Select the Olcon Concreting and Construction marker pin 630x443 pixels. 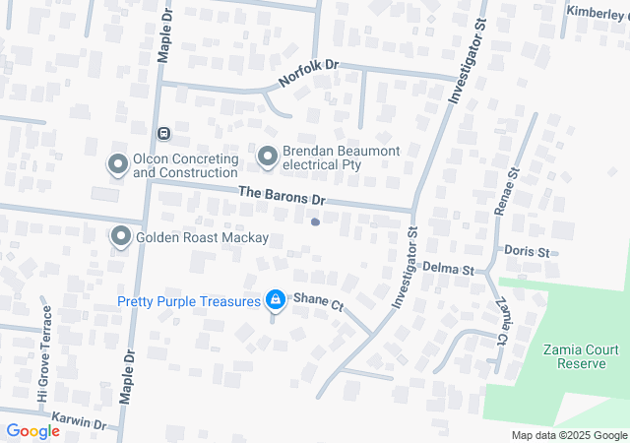[118, 164]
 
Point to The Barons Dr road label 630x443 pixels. [282, 197]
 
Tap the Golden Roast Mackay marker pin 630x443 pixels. [121, 236]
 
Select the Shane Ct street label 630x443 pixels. [317, 305]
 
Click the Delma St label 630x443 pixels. [448, 268]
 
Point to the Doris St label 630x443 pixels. [527, 252]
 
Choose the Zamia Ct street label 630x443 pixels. [501, 321]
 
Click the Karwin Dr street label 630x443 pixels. [79, 421]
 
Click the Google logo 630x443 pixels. [32, 430]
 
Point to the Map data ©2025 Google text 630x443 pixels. [570, 435]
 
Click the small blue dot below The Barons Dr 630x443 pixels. [315, 221]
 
